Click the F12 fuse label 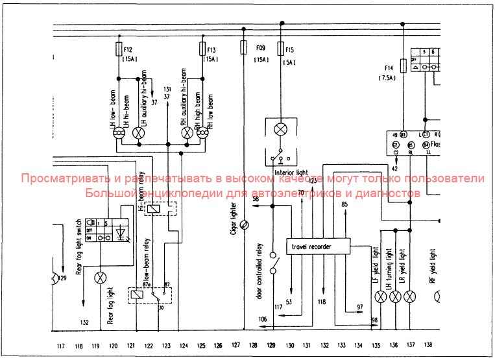[x=128, y=50]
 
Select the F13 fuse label [x=211, y=50]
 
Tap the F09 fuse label [x=260, y=48]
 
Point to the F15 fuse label [x=289, y=50]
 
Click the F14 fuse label [x=389, y=67]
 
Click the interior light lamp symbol [x=280, y=128]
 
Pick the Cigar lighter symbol [x=243, y=225]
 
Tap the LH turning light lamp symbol [x=394, y=296]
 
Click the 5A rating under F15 [x=289, y=62]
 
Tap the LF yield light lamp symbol [x=380, y=296]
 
